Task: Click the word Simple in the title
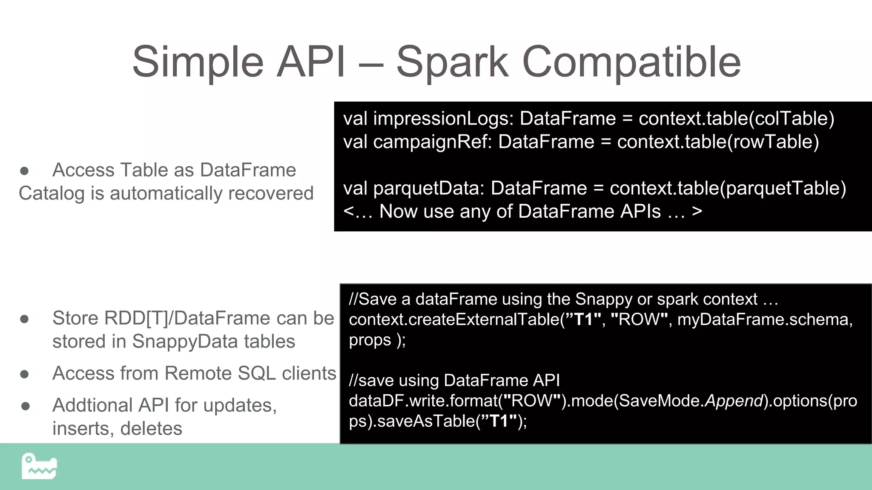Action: point(198,63)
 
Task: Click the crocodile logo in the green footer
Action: point(39,467)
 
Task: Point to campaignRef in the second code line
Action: point(432,142)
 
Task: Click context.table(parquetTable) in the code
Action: point(728,188)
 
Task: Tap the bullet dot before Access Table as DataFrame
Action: point(24,171)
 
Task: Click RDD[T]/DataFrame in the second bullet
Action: point(161,318)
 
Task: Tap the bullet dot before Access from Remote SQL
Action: point(24,374)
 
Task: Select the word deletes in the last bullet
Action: point(151,429)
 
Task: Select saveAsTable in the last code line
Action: point(426,422)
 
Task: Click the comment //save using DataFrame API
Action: point(454,381)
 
